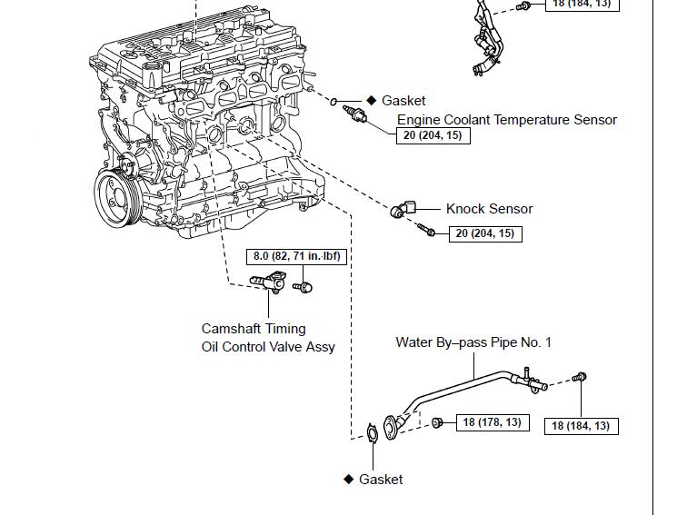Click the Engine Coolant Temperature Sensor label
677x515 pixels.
click(506, 120)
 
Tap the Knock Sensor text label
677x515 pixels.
click(489, 209)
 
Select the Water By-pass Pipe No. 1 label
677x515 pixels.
click(473, 342)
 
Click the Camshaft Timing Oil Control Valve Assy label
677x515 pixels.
click(268, 337)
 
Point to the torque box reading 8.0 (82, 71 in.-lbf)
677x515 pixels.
click(296, 257)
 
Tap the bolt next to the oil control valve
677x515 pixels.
click(305, 287)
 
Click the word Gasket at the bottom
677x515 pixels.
click(381, 480)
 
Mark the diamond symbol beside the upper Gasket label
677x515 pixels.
click(371, 101)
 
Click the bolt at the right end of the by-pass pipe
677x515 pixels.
click(582, 377)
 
